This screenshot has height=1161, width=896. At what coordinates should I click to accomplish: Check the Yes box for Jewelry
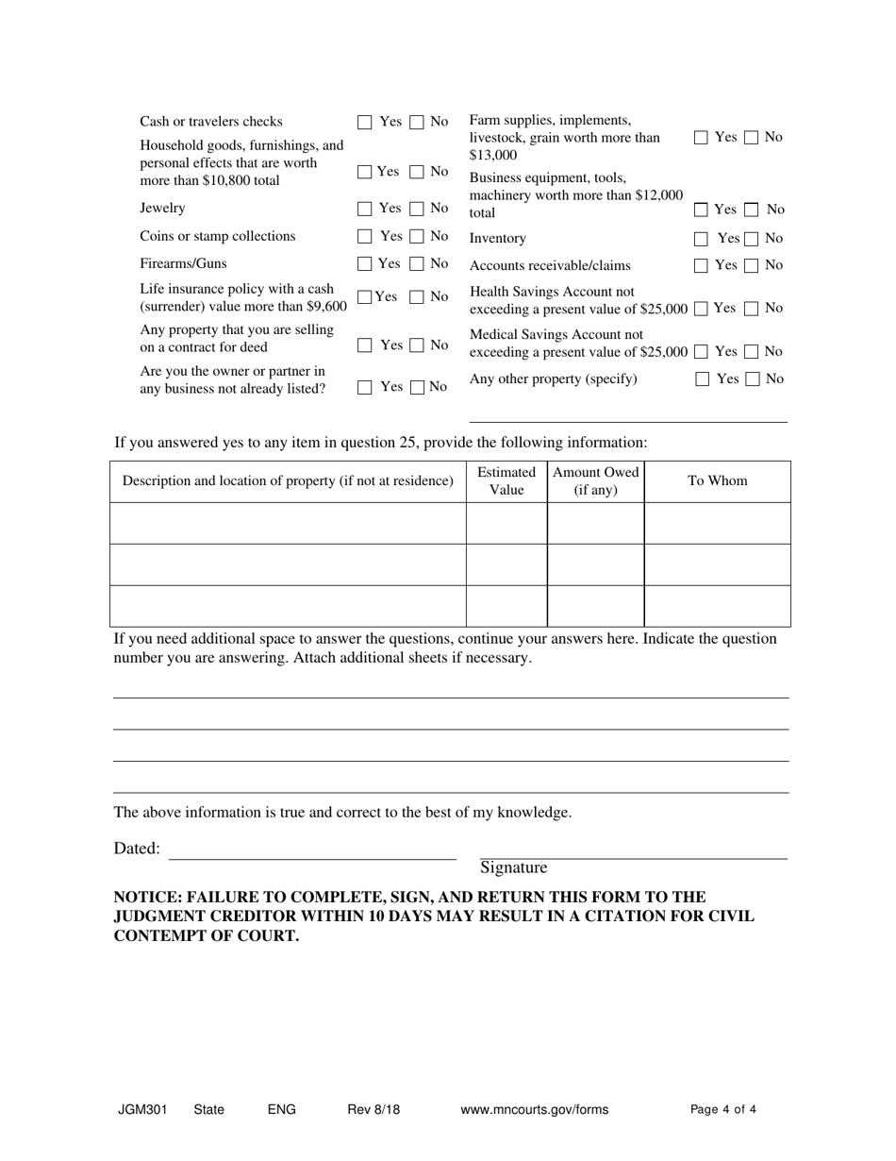click(365, 209)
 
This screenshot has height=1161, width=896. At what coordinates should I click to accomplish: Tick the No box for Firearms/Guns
click(416, 264)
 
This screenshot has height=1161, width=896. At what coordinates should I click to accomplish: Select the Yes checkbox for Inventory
click(701, 240)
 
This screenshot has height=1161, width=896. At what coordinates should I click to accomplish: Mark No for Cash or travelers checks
click(416, 123)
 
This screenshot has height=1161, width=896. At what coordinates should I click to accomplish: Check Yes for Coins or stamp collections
click(365, 237)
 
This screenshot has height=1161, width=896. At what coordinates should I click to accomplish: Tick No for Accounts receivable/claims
click(752, 266)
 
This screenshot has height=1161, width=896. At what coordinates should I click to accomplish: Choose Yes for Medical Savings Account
click(701, 352)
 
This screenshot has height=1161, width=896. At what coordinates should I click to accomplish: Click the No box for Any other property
click(752, 379)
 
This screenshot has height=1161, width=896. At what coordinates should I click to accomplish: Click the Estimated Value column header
click(506, 481)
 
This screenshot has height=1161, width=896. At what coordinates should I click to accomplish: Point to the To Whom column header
click(717, 481)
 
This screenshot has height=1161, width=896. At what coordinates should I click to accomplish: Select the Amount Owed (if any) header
click(595, 481)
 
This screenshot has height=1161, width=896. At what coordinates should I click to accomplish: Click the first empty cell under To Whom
click(717, 523)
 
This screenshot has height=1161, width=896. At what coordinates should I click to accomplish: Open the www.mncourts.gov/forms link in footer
click(534, 1110)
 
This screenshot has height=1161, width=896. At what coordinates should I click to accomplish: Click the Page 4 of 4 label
click(723, 1110)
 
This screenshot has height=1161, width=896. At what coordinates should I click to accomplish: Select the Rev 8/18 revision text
click(373, 1110)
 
